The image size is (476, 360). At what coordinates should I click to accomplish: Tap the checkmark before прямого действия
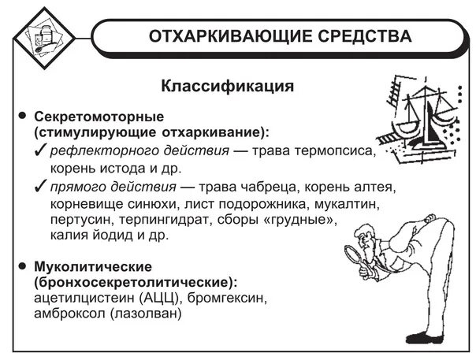pyautogui.click(x=42, y=187)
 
